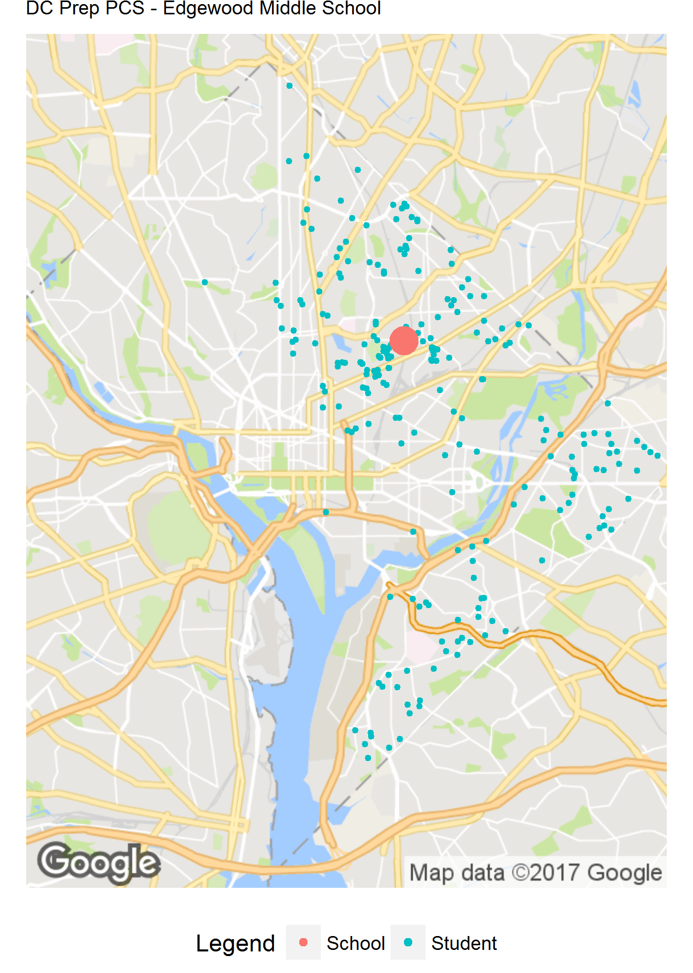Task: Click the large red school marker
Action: tap(403, 340)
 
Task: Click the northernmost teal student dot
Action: tap(290, 86)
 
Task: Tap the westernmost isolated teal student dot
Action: tap(205, 282)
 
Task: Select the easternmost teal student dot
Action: tap(657, 456)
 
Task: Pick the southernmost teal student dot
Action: tap(368, 757)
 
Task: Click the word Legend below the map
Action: tap(235, 943)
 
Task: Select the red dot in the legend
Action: tap(303, 942)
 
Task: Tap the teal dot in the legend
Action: tap(408, 942)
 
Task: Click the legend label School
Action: tap(355, 943)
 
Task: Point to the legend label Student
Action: tap(464, 943)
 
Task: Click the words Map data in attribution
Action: tap(457, 872)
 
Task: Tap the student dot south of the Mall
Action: tap(326, 512)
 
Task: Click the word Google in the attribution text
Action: tap(624, 872)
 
